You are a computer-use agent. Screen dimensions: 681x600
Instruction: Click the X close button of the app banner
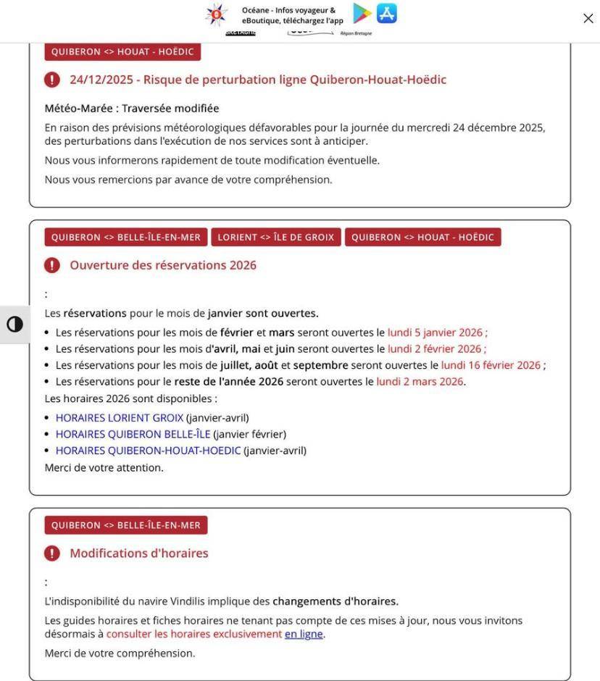click(x=588, y=19)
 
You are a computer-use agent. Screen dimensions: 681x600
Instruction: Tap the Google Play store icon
click(x=362, y=13)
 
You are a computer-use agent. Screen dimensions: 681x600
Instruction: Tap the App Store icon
click(x=387, y=13)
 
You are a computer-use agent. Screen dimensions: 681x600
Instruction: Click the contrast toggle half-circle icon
click(x=14, y=324)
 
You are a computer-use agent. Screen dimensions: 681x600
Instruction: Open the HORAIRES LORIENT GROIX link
click(x=120, y=418)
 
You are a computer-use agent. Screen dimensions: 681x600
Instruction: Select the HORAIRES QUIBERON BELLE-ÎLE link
click(x=133, y=435)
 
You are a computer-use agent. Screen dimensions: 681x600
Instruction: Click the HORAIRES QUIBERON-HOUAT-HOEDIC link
click(x=148, y=451)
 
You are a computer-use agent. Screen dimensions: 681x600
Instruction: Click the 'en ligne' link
click(x=304, y=635)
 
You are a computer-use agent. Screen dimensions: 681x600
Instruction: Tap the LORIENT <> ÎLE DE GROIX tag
click(x=276, y=238)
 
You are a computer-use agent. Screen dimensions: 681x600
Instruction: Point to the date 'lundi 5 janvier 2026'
click(x=435, y=333)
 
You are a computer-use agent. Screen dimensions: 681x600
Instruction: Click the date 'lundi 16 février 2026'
click(x=491, y=366)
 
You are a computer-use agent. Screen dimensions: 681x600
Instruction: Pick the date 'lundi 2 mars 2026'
click(x=420, y=382)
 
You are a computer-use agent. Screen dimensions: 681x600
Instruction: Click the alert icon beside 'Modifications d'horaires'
click(x=52, y=553)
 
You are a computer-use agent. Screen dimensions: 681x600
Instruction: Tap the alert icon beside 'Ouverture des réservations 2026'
click(x=52, y=265)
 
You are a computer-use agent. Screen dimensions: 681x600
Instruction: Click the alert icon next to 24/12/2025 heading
click(x=52, y=80)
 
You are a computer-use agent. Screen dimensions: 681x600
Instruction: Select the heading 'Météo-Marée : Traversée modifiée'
click(x=132, y=109)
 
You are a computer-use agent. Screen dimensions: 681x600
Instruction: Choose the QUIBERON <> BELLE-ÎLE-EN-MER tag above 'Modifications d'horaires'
click(x=126, y=525)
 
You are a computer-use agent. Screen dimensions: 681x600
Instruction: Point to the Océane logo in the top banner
click(x=216, y=14)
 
